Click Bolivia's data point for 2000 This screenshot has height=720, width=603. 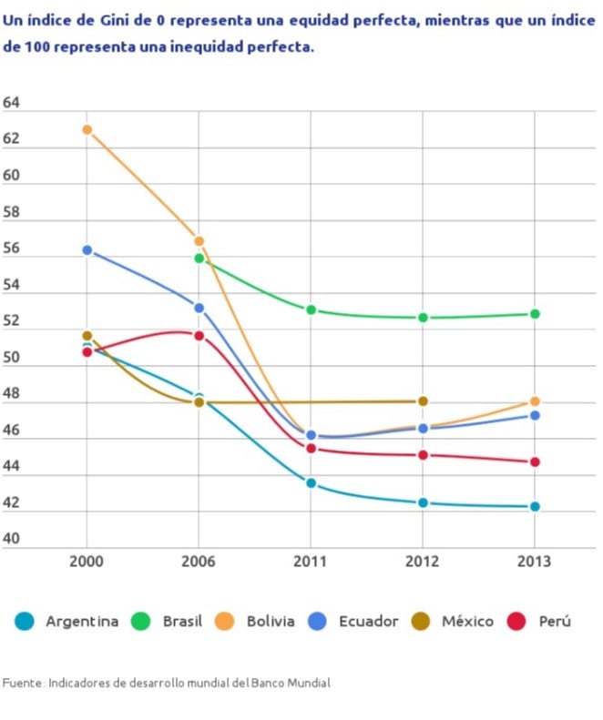(x=87, y=129)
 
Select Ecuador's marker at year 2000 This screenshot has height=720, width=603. (x=87, y=250)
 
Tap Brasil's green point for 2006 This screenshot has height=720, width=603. (x=199, y=259)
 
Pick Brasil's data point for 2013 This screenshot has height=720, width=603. (x=535, y=314)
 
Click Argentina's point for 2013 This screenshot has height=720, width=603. (x=535, y=506)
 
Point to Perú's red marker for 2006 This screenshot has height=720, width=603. (x=199, y=336)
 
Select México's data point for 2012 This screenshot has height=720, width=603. (x=423, y=401)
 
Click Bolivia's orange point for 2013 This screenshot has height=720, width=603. (x=535, y=401)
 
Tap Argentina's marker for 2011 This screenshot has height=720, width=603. (x=311, y=483)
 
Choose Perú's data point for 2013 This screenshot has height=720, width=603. (x=535, y=462)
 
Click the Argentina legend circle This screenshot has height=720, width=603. (x=25, y=622)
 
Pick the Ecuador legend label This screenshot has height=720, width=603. (x=368, y=622)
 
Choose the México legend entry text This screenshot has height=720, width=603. (x=467, y=622)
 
